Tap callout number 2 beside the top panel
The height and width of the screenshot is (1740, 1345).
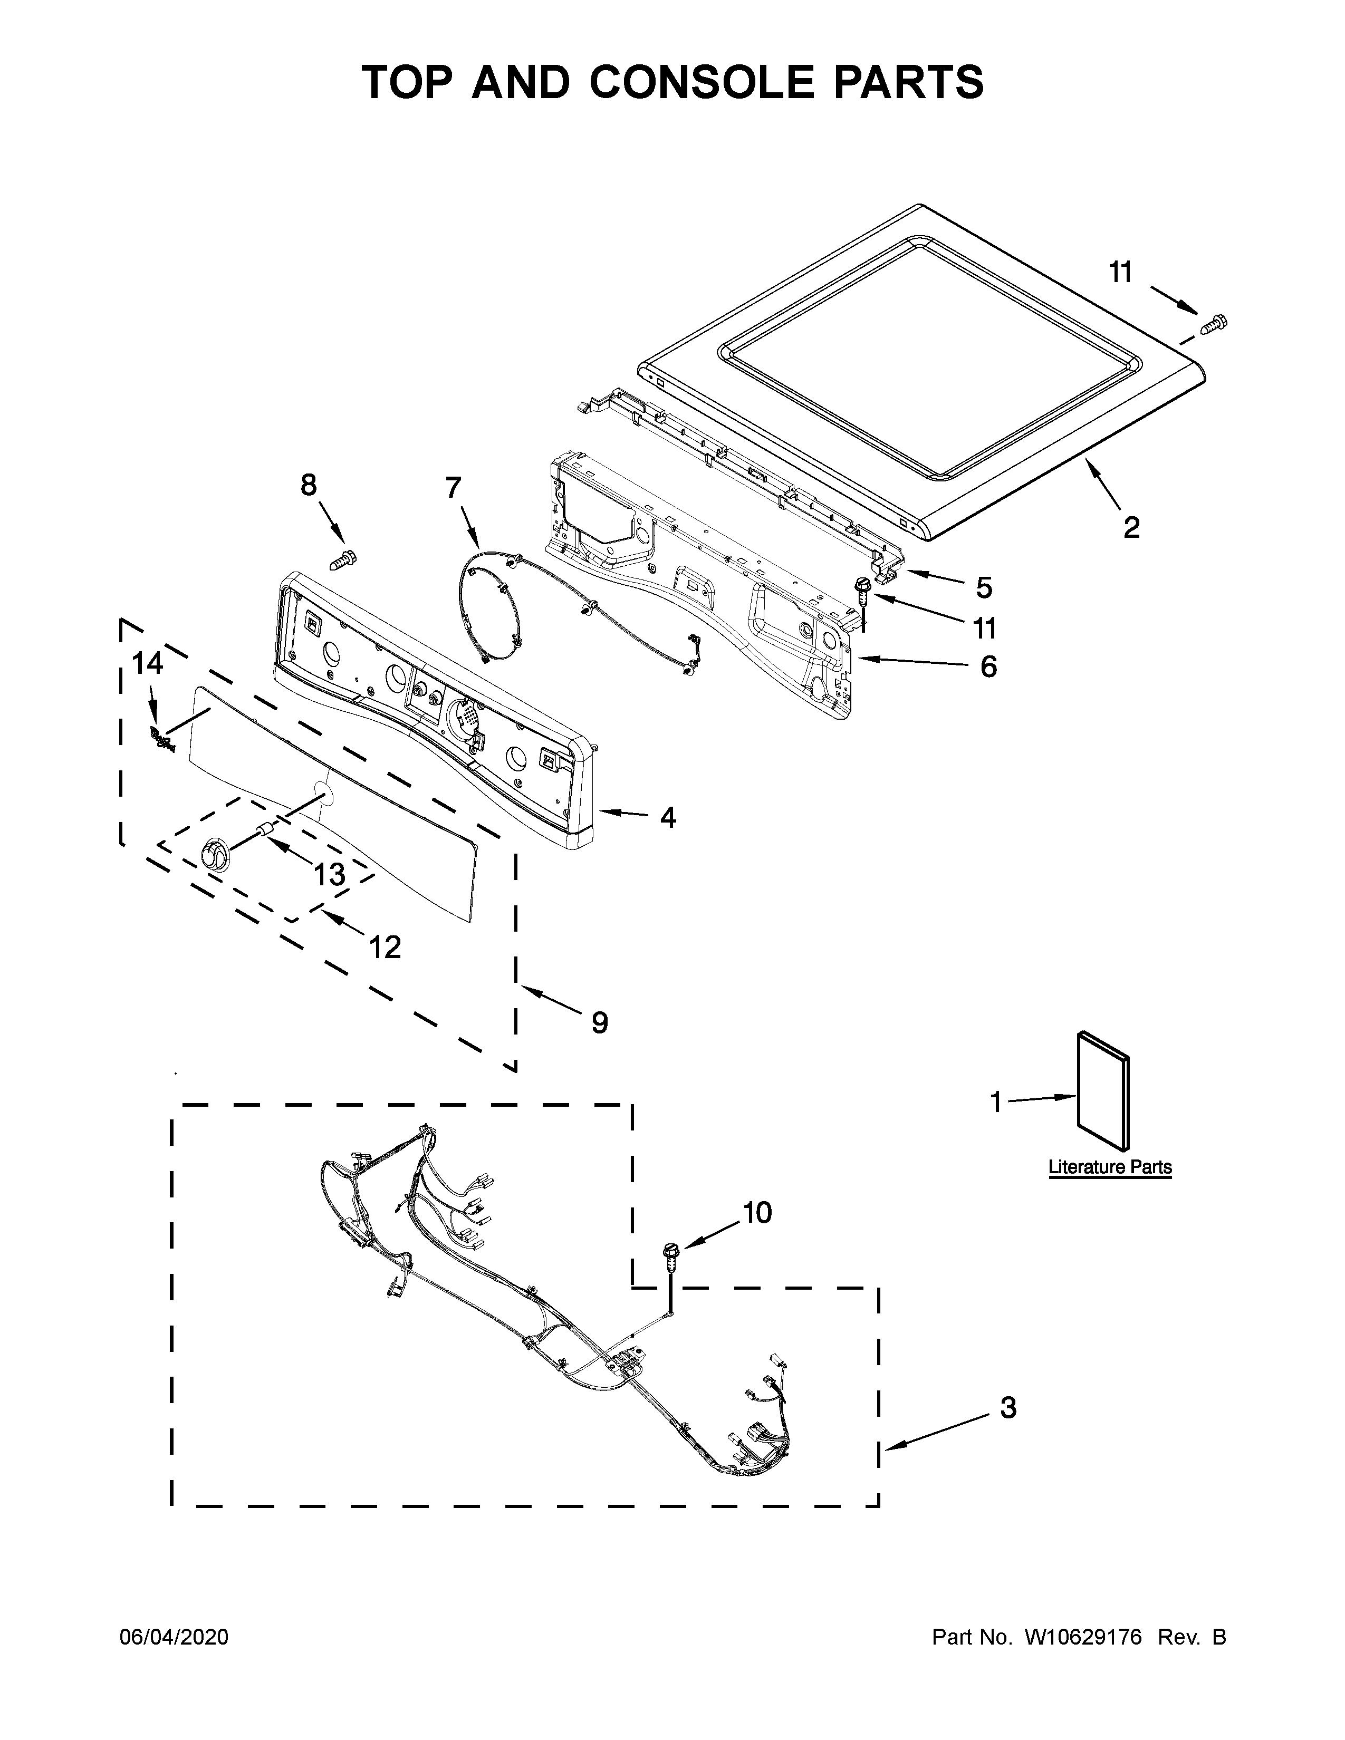pos(1131,527)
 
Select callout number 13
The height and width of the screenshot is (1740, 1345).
pos(328,874)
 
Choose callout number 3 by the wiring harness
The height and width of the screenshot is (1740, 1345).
pos(1008,1408)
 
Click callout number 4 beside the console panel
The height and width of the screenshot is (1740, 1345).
pos(668,817)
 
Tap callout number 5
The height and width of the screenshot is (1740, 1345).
pos(984,588)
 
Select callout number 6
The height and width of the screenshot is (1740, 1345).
pos(988,666)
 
